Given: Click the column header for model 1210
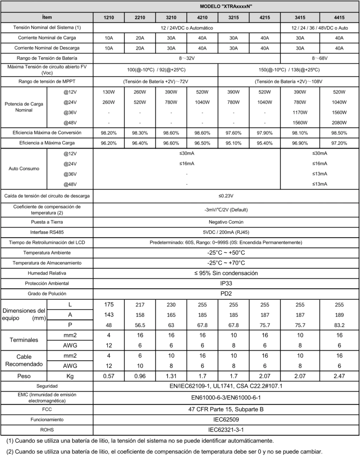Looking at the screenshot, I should pos(109,17).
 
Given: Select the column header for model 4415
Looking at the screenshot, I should pos(339,17).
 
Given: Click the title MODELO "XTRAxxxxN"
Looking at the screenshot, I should pos(226,6).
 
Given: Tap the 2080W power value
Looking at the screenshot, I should pos(339,123).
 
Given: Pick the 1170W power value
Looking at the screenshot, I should pos(300,113).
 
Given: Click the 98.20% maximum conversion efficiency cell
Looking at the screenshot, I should pos(109,133).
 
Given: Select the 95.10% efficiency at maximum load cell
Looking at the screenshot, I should pos(233,143).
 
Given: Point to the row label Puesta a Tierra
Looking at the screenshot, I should pos(47,222).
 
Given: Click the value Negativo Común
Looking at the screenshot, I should pos(226,222).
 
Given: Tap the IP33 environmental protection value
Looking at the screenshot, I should pos(226,283).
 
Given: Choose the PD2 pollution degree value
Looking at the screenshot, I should pos(226,294).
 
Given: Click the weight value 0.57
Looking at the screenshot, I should pos(109,376).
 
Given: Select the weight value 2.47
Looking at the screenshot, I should pos(339,376).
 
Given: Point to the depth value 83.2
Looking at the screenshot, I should pos(339,325).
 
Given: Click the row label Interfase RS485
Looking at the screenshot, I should pos(47,232).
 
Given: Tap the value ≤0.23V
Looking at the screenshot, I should pos(226,196).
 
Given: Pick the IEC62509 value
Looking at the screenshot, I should pos(226,419).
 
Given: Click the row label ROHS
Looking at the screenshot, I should pos(47,430).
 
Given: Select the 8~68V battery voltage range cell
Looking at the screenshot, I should pos(320,58).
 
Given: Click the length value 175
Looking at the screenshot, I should pos(109,304).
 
